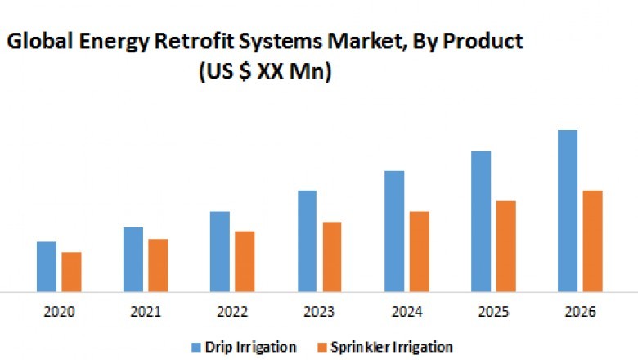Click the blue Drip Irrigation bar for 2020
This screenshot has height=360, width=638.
(x=47, y=267)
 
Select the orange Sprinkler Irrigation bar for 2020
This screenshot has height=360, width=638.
(x=72, y=272)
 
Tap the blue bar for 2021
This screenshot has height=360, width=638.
(x=133, y=259)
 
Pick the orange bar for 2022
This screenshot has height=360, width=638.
(x=245, y=261)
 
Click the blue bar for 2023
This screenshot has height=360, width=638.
(x=307, y=241)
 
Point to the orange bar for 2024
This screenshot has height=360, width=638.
(x=419, y=251)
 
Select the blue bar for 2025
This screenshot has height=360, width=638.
(x=481, y=221)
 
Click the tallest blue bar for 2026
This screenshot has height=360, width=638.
(x=568, y=210)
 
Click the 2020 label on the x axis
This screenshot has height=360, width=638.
(x=59, y=312)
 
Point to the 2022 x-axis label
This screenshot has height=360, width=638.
(x=232, y=312)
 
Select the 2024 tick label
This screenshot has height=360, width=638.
(x=407, y=312)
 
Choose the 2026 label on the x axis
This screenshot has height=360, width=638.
(x=580, y=312)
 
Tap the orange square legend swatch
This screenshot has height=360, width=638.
(x=323, y=347)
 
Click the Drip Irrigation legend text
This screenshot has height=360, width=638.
(x=250, y=347)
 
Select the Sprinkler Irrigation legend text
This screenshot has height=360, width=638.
(x=391, y=347)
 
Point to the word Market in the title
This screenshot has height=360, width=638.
(x=374, y=41)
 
